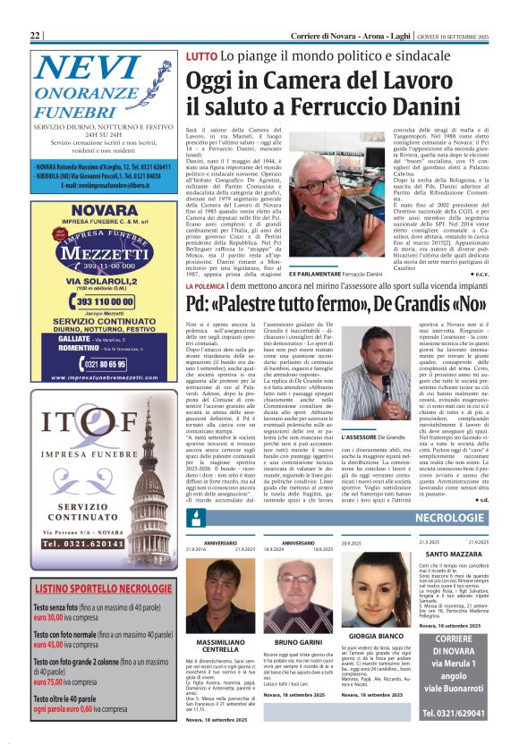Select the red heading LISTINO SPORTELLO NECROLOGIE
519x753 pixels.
click(105, 588)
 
